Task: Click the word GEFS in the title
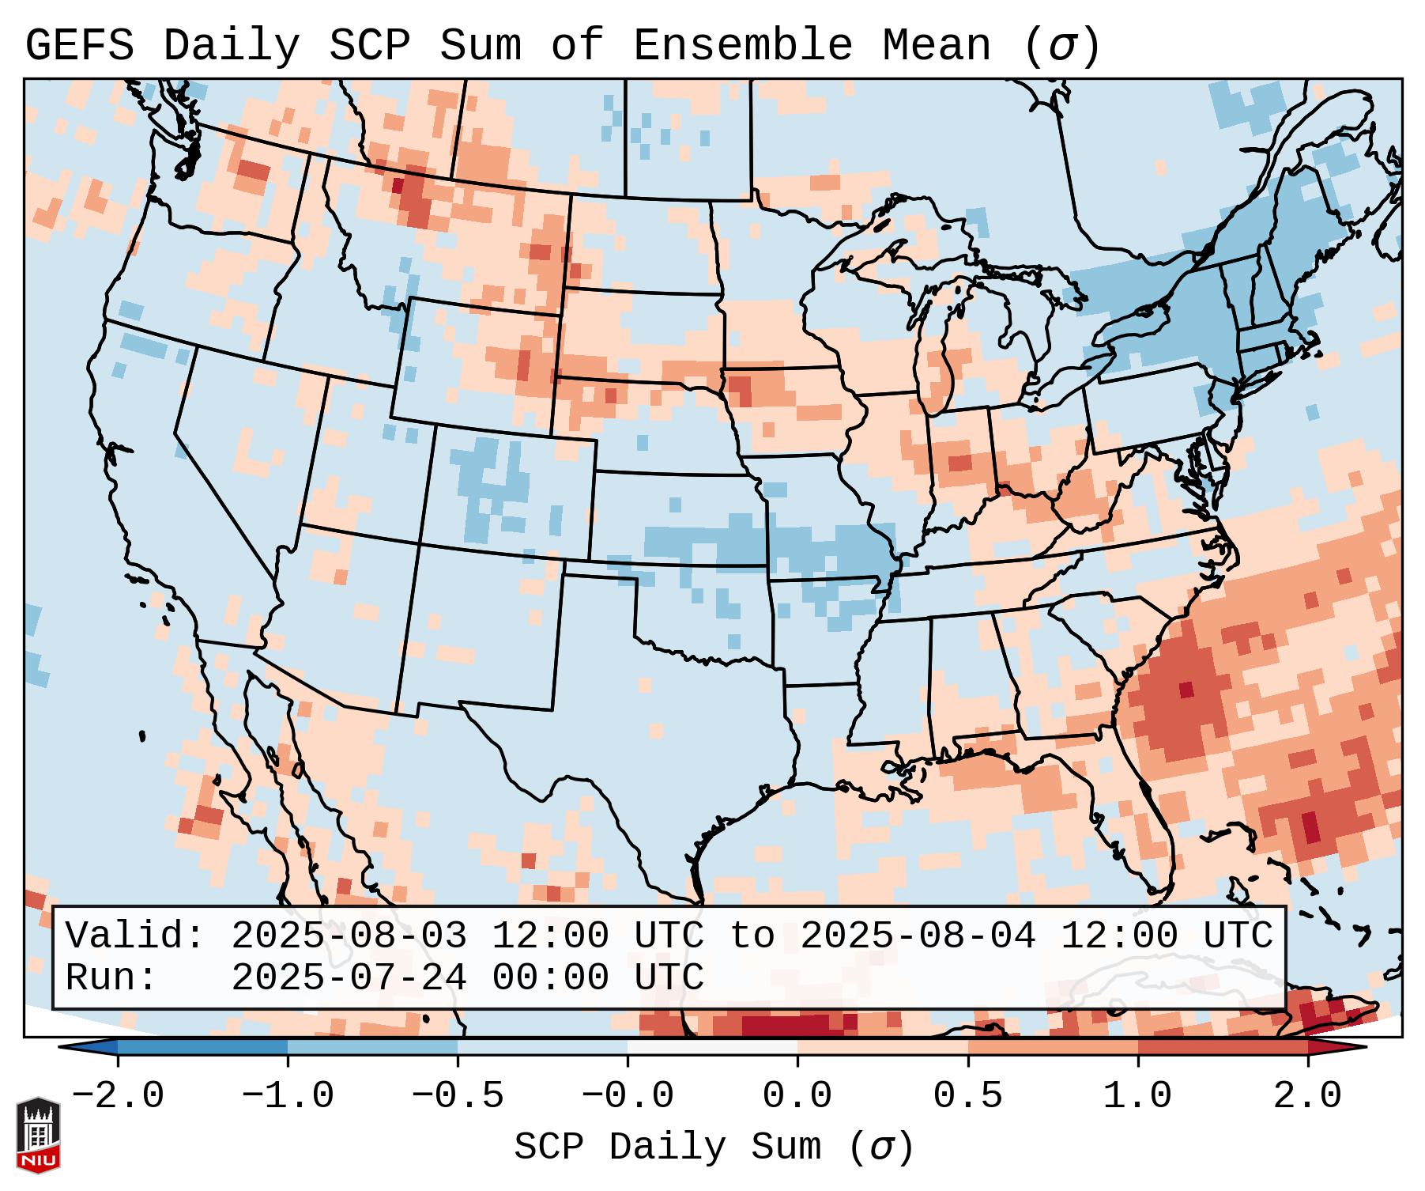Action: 79,46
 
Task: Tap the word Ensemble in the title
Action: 742,46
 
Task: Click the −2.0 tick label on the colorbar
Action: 118,1096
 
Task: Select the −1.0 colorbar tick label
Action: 288,1096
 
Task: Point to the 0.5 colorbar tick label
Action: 968,1096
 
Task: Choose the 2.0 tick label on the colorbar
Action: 1308,1096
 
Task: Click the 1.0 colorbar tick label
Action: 1138,1096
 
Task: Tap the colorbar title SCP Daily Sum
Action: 667,1148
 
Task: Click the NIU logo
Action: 38,1135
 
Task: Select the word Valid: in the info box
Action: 135,936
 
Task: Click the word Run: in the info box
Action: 111,977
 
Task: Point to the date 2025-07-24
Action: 349,977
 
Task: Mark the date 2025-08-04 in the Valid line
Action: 918,936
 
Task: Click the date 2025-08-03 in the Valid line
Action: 349,936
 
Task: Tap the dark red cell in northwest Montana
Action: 398,186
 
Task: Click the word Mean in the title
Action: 937,46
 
